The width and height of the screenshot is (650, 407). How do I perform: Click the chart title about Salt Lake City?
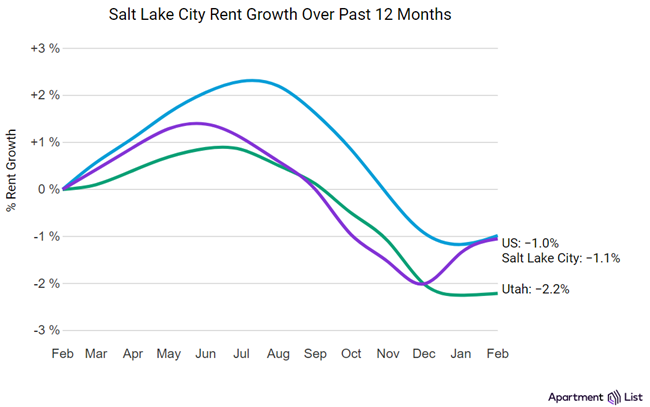point(324,16)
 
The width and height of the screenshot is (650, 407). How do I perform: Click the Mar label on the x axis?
point(96,353)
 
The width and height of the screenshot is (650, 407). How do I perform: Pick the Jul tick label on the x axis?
point(243,353)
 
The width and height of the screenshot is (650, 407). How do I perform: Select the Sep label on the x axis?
point(316,353)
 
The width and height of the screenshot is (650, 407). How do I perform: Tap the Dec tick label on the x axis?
point(425,353)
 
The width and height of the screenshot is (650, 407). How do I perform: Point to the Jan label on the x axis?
point(461,353)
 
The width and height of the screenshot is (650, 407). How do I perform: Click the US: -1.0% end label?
point(530,242)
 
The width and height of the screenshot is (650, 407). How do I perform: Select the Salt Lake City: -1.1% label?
point(562,258)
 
